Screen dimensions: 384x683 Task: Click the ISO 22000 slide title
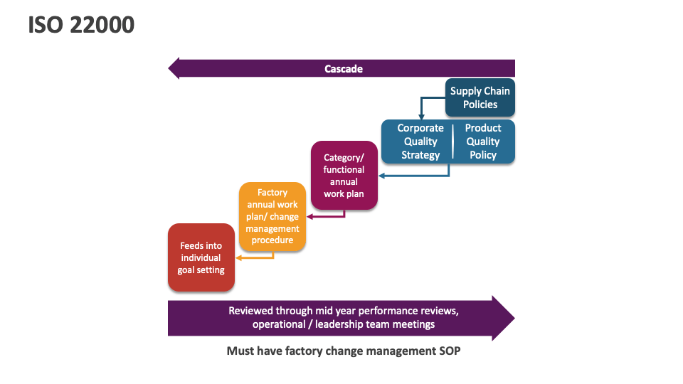81,25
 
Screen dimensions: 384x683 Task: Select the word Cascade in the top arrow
344,69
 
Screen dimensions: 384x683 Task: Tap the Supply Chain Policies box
480,97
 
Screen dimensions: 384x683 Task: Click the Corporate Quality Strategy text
420,142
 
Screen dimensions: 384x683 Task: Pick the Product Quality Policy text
483,142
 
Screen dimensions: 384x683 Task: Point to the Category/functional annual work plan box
344,175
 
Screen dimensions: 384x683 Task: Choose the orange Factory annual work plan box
272,216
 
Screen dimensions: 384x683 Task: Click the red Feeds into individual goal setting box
201,257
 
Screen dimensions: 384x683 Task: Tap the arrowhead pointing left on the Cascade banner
174,69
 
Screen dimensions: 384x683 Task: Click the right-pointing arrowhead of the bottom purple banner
502,318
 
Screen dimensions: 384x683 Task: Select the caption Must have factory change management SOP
344,351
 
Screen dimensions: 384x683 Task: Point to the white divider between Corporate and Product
452,142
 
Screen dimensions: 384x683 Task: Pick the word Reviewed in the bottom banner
249,311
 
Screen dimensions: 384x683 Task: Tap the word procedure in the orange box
272,240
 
